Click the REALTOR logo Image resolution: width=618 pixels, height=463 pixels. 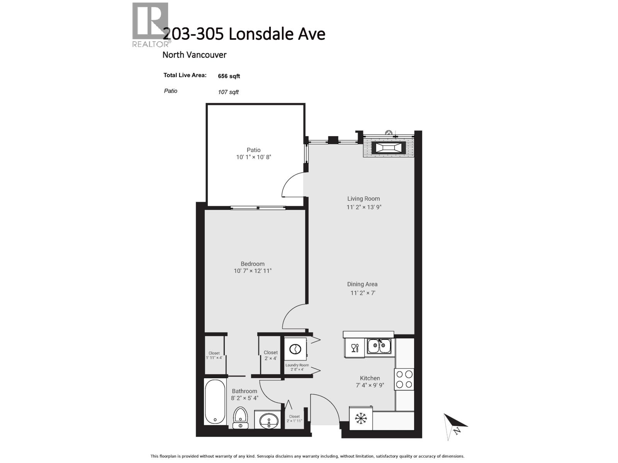click(x=150, y=24)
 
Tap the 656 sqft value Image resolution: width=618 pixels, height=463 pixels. click(x=229, y=76)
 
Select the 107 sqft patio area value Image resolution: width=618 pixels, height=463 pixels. click(x=228, y=92)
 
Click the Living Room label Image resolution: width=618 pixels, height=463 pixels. click(x=363, y=199)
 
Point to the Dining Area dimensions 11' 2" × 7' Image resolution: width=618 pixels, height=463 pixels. click(x=363, y=293)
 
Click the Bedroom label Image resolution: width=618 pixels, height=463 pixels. click(x=253, y=264)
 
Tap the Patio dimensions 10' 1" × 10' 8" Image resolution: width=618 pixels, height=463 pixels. click(x=254, y=157)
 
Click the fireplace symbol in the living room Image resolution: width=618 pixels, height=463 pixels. click(x=389, y=148)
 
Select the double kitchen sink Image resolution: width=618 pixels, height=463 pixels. click(x=379, y=346)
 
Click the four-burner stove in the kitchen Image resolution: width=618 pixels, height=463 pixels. click(x=404, y=379)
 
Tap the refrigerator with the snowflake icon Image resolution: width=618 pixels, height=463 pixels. click(x=361, y=418)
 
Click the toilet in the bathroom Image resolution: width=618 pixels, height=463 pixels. click(x=240, y=417)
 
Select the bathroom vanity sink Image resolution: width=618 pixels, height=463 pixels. click(x=268, y=420)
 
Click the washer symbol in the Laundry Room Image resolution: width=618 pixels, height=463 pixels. click(x=295, y=349)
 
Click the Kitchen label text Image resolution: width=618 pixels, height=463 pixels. click(x=370, y=378)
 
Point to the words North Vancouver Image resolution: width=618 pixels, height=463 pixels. click(x=194, y=55)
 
